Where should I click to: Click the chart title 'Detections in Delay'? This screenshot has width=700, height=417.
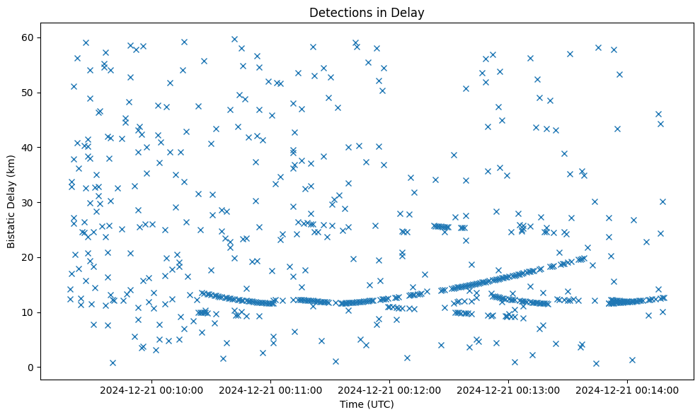(x=367, y=12)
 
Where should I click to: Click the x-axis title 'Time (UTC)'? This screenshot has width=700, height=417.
(x=367, y=405)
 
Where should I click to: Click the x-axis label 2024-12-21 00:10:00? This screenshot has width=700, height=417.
(x=151, y=389)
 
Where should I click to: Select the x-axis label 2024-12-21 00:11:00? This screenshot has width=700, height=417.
(x=270, y=389)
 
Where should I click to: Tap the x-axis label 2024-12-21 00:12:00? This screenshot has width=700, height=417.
(x=389, y=389)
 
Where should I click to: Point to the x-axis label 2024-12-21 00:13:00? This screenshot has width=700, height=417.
(x=508, y=389)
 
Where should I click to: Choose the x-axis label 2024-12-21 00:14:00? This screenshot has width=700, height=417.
(x=628, y=389)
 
